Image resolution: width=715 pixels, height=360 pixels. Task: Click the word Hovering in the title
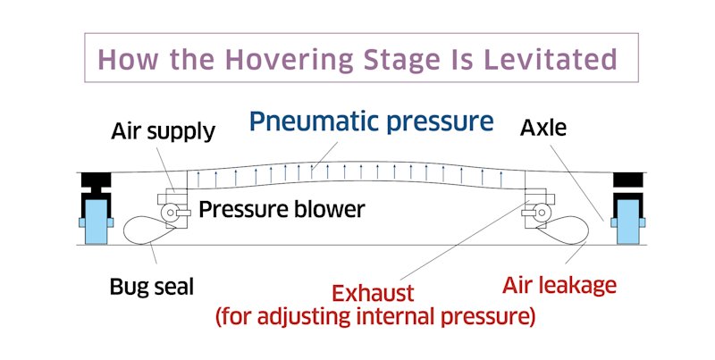(x=289, y=60)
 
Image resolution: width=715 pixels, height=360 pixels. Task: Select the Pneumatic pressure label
(x=371, y=121)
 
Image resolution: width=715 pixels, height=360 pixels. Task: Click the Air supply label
(x=164, y=132)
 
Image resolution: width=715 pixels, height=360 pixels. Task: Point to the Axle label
(x=543, y=128)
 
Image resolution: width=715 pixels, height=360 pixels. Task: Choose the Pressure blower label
(x=282, y=209)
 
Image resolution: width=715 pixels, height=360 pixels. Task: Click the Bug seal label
(x=152, y=287)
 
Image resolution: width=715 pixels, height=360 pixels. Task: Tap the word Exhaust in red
(x=373, y=293)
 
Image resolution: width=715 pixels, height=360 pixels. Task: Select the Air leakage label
(x=559, y=285)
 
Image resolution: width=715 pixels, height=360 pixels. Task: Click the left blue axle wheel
(x=97, y=222)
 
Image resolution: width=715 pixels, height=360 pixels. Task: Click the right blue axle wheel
(x=628, y=222)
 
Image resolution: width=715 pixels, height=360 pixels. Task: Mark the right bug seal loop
(x=587, y=230)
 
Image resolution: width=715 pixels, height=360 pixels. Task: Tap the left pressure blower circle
(x=169, y=212)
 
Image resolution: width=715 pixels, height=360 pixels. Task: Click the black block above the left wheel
(x=97, y=180)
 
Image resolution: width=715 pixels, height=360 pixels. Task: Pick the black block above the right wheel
(x=628, y=180)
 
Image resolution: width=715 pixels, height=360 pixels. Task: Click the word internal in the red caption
(x=395, y=316)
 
